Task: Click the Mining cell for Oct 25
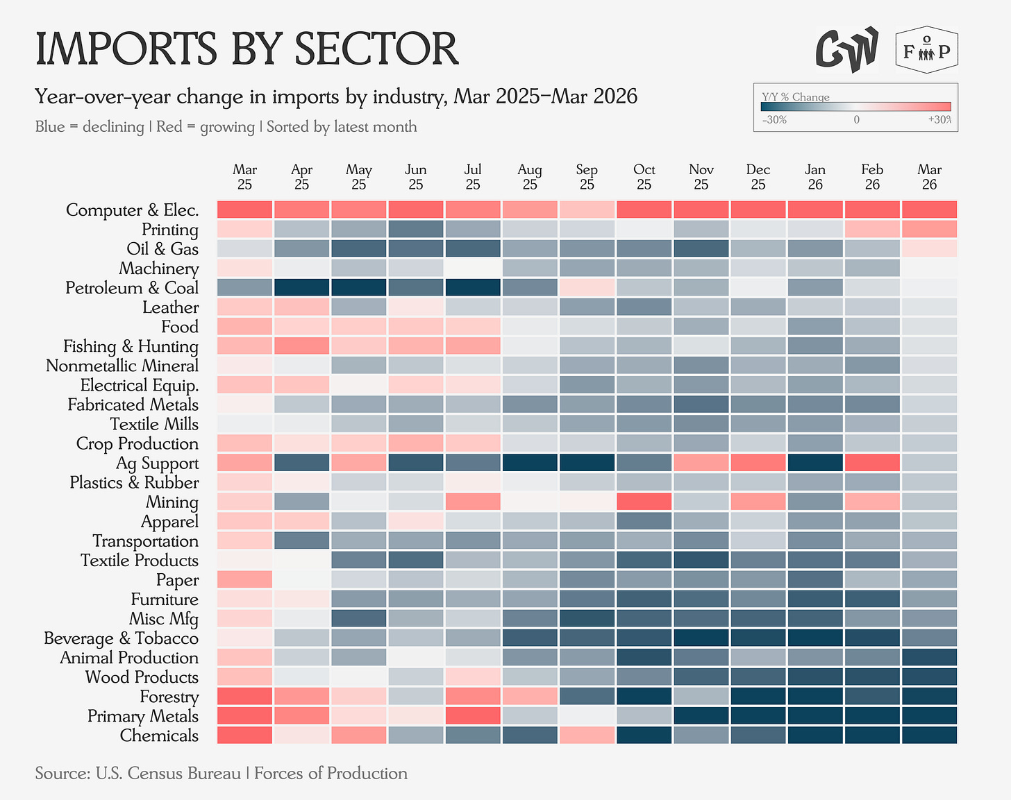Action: click(x=644, y=502)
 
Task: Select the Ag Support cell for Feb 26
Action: click(x=872, y=462)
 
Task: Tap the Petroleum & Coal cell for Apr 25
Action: click(x=301, y=287)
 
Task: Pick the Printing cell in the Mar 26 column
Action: click(x=929, y=229)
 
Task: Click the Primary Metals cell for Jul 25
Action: click(x=473, y=715)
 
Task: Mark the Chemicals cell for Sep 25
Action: click(x=587, y=735)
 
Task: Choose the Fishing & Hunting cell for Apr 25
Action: click(x=301, y=346)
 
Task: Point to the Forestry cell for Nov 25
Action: click(x=701, y=696)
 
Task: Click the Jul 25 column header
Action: click(x=473, y=176)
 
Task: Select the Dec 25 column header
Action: click(x=758, y=176)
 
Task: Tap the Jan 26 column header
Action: click(x=815, y=176)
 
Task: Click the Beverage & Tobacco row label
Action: click(x=122, y=638)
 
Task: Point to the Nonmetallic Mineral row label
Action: click(x=122, y=366)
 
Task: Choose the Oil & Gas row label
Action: click(x=162, y=249)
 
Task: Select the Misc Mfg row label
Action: click(x=164, y=619)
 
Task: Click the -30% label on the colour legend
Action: click(x=774, y=120)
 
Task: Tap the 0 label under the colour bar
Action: click(x=856, y=120)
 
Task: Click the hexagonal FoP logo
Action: click(x=927, y=50)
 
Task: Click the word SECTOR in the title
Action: click(x=376, y=49)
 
